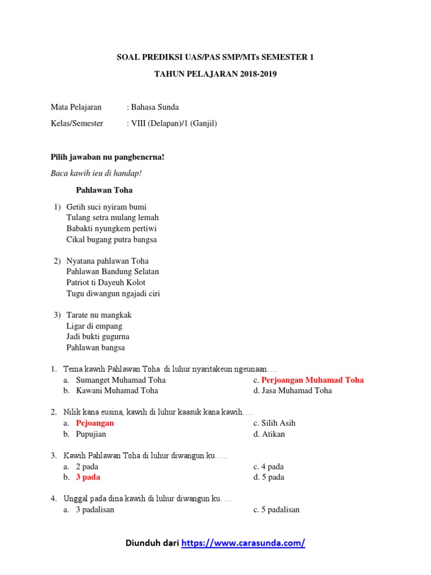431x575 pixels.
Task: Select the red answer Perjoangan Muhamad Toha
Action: pos(313,380)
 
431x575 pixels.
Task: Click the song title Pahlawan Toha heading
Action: pos(104,190)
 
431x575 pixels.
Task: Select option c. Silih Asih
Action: pos(274,423)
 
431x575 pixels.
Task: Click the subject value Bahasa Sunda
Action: pos(154,107)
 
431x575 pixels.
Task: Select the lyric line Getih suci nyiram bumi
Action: pos(107,207)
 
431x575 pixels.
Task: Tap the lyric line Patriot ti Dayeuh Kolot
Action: pos(106,282)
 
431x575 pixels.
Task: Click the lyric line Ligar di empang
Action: pos(94,326)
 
